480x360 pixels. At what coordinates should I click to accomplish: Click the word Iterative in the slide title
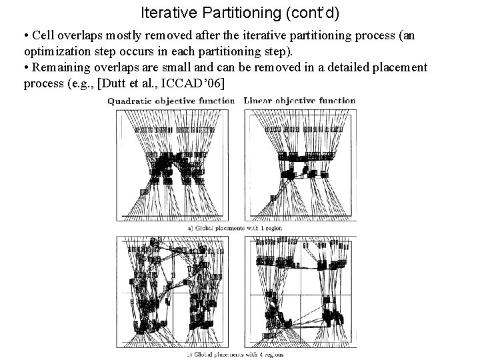pyautogui.click(x=165, y=13)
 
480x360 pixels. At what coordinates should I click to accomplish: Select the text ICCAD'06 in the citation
pyautogui.click(x=201, y=84)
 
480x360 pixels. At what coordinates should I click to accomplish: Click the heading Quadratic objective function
pyautogui.click(x=173, y=101)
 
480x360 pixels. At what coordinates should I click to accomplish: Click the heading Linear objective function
pyautogui.click(x=299, y=101)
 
